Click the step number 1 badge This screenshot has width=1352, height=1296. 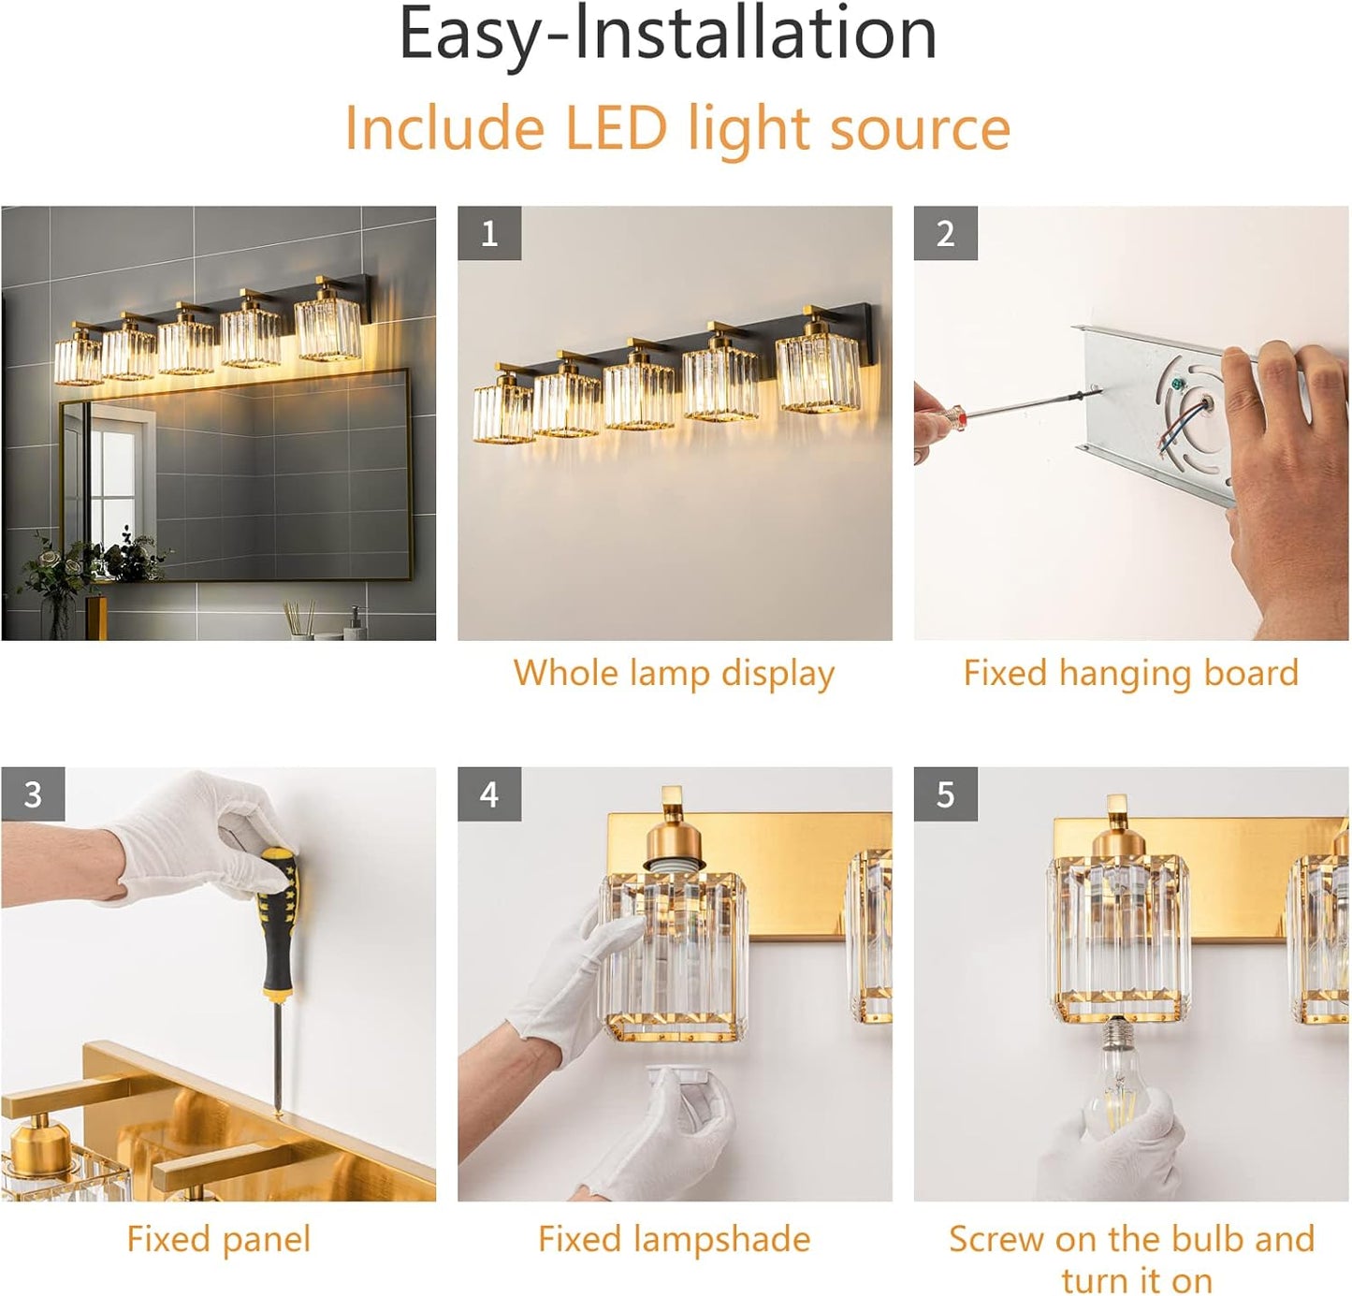pos(489,234)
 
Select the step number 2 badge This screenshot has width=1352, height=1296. pos(946,234)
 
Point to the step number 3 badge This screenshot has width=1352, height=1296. pos(33,794)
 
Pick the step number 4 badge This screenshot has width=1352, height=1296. pos(489,794)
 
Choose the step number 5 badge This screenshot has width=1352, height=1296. pos(946,794)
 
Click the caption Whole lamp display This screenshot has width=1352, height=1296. pos(674,674)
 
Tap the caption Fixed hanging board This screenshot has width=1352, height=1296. pos(1131,673)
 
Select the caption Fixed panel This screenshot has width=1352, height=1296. pos(218,1239)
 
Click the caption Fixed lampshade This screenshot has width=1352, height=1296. pos(674,1239)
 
